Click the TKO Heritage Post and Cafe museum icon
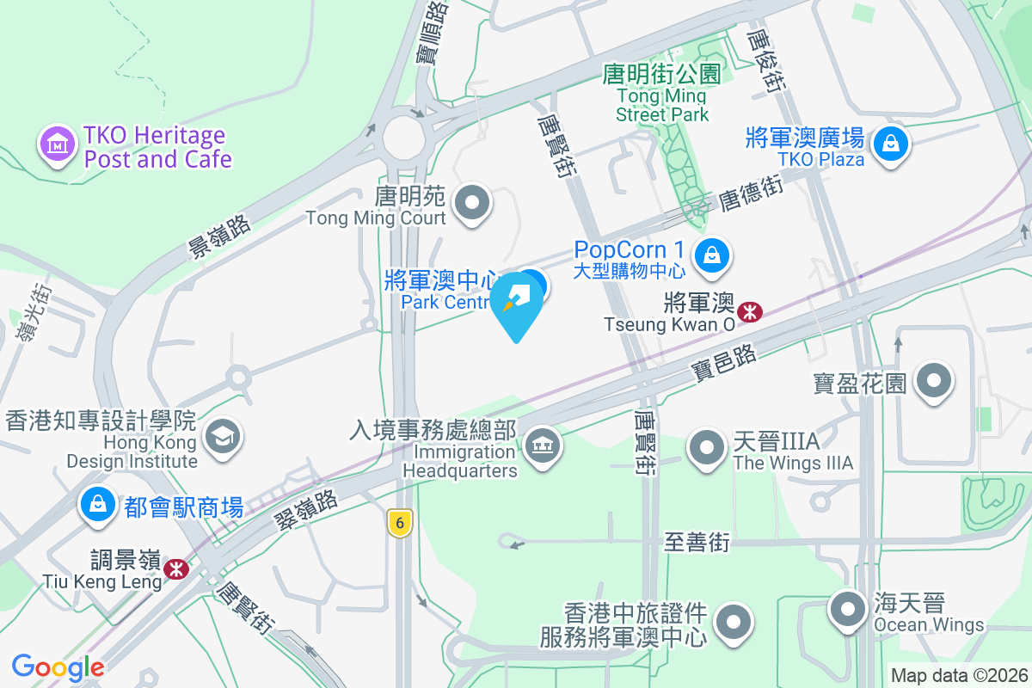[x=58, y=144]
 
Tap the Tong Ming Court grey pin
[x=471, y=204]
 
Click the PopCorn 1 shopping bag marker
[x=712, y=255]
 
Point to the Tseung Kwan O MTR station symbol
[x=750, y=311]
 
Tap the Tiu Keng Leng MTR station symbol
[x=176, y=568]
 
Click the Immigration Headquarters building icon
[x=540, y=446]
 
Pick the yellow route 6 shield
[x=399, y=522]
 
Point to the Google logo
[x=58, y=666]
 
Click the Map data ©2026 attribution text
[x=959, y=676]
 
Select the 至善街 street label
[x=697, y=543]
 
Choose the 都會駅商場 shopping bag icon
[x=98, y=506]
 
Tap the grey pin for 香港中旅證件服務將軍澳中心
[x=734, y=621]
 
